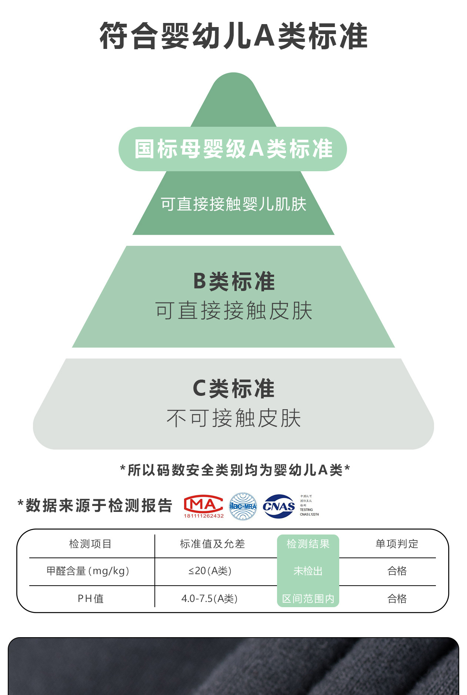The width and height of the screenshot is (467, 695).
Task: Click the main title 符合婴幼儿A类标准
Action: [x=233, y=36]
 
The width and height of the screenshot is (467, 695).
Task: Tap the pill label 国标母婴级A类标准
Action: [x=233, y=149]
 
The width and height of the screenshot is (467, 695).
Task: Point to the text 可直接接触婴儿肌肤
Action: [x=233, y=204]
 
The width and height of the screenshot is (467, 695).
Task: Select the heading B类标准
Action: [x=234, y=281]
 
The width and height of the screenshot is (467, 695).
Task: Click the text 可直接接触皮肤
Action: [x=234, y=311]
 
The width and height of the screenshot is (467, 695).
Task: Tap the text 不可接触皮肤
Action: [x=234, y=418]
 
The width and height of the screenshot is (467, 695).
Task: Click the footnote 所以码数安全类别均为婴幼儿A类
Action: [x=235, y=470]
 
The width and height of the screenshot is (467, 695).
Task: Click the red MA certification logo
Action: [x=203, y=506]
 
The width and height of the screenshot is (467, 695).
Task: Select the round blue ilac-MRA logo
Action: [x=243, y=506]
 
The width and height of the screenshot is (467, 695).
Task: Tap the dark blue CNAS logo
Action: [x=278, y=506]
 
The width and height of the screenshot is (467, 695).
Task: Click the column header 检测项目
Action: [x=90, y=544]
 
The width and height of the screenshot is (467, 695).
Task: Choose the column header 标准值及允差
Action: [x=212, y=544]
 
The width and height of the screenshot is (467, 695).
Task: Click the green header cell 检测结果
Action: [x=308, y=544]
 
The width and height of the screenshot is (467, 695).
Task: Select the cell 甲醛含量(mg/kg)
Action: [x=88, y=571]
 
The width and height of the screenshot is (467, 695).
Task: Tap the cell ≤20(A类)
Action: [x=210, y=571]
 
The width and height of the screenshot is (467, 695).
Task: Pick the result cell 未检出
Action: [x=308, y=571]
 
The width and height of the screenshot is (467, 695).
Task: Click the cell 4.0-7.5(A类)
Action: [x=209, y=599]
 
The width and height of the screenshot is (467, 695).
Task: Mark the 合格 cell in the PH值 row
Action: [x=397, y=599]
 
